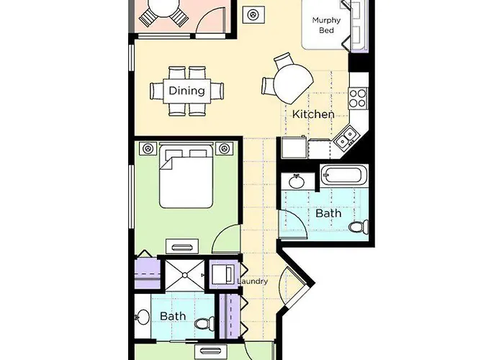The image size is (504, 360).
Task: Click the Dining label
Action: tap(186, 91)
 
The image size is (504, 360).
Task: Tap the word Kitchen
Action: tap(312, 114)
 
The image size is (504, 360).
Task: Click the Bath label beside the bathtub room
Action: tap(328, 214)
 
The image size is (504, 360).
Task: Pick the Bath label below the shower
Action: tap(173, 315)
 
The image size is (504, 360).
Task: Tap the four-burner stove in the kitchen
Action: tap(358, 97)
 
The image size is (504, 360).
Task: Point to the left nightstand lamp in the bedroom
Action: tap(148, 149)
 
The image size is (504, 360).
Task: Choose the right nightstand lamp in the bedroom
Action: tap(225, 149)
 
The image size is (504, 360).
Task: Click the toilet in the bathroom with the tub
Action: tap(356, 228)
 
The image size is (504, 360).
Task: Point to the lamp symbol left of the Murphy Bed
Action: tap(254, 14)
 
